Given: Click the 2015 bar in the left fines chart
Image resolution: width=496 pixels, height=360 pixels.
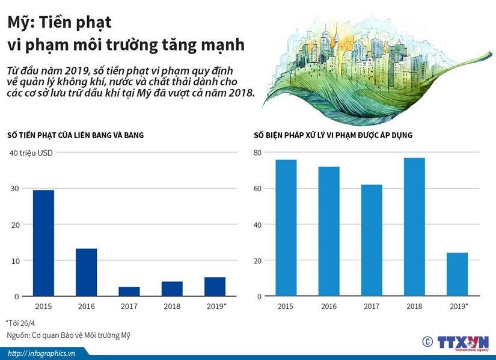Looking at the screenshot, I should click(x=43, y=243).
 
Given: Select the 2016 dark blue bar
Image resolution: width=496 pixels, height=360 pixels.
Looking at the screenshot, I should click(x=86, y=272).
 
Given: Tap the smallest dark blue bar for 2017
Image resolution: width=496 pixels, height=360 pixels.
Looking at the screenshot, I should click(x=129, y=291).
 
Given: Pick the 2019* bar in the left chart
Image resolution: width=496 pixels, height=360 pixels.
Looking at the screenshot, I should click(x=215, y=287).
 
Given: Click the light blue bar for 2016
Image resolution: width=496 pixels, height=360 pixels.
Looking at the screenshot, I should click(x=329, y=231).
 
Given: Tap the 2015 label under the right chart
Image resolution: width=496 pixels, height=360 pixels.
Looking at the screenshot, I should click(x=286, y=307).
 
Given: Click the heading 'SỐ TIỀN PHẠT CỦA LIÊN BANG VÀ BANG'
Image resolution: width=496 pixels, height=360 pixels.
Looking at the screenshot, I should click(x=75, y=135).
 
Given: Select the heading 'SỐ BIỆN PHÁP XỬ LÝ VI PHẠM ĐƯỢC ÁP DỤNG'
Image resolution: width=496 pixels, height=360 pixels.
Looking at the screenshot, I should click(x=332, y=135).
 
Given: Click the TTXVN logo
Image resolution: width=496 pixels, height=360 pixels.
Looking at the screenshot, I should click(x=461, y=342).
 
